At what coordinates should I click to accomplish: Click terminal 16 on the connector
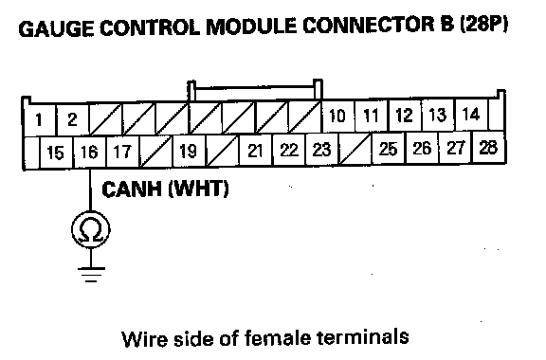pyautogui.click(x=89, y=153)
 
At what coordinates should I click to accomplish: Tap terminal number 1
pyautogui.click(x=39, y=120)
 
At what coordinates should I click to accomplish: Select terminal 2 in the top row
pyautogui.click(x=72, y=119)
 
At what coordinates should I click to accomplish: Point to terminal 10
pyautogui.click(x=337, y=116)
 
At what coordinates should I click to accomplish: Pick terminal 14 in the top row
pyautogui.click(x=471, y=115)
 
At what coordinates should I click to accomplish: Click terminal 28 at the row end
pyautogui.click(x=488, y=147)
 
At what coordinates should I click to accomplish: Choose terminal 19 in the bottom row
pyautogui.click(x=188, y=151)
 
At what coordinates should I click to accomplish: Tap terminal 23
pyautogui.click(x=321, y=150)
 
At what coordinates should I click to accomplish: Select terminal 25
pyautogui.click(x=389, y=149)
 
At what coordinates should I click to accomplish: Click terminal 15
pyautogui.click(x=55, y=153)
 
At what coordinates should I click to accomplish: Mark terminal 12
pyautogui.click(x=404, y=116)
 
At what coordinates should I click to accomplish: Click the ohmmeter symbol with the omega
pyautogui.click(x=91, y=229)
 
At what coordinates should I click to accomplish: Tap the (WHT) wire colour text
pyautogui.click(x=198, y=189)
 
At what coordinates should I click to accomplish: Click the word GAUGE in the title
pyautogui.click(x=56, y=28)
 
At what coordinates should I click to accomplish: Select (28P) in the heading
pyautogui.click(x=484, y=25)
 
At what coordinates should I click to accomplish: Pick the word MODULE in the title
pyautogui.click(x=251, y=27)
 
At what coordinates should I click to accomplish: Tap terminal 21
pyautogui.click(x=255, y=151)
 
